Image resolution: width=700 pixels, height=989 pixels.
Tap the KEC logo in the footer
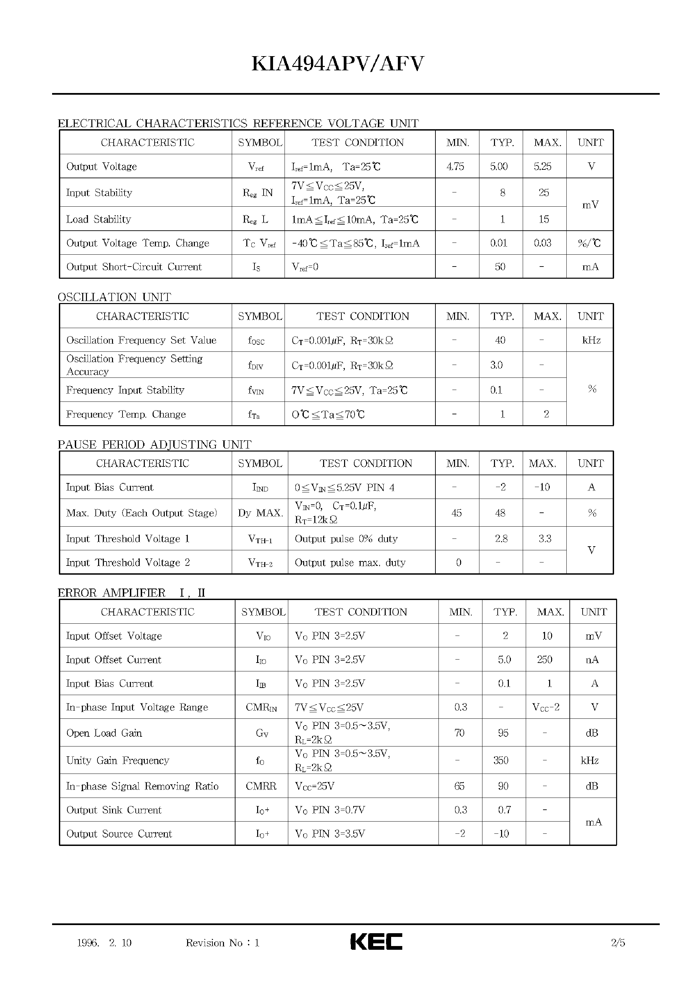376,942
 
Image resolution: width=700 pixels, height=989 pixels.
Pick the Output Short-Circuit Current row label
134,267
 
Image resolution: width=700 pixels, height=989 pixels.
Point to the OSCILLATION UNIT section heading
114,297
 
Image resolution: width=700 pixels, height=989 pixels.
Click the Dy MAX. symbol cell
260,513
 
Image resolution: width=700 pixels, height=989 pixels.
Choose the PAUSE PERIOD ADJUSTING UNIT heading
154,444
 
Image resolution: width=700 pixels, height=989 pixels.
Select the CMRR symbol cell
261,786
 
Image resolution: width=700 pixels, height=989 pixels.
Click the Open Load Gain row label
104,733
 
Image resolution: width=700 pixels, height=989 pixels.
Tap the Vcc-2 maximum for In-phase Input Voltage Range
546,707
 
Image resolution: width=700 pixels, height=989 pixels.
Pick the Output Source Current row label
119,833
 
